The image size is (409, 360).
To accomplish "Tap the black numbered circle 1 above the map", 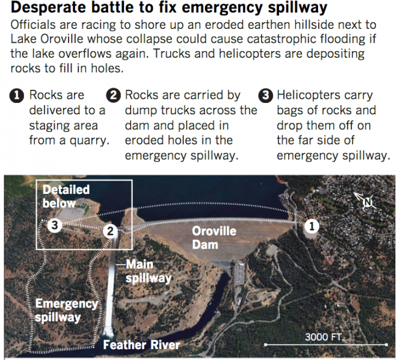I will pyautogui.click(x=17, y=96).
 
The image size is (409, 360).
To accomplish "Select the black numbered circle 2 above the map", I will pyautogui.click(x=112, y=96).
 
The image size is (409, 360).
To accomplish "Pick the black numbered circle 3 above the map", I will pyautogui.click(x=265, y=96).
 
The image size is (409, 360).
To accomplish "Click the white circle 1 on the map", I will pyautogui.click(x=312, y=226).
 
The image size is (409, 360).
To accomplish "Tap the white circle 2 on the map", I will pyautogui.click(x=109, y=231).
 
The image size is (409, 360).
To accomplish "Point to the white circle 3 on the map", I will pyautogui.click(x=54, y=226).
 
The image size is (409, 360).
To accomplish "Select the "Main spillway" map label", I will pyautogui.click(x=148, y=271).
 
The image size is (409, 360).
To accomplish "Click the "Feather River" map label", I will pyautogui.click(x=141, y=345).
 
